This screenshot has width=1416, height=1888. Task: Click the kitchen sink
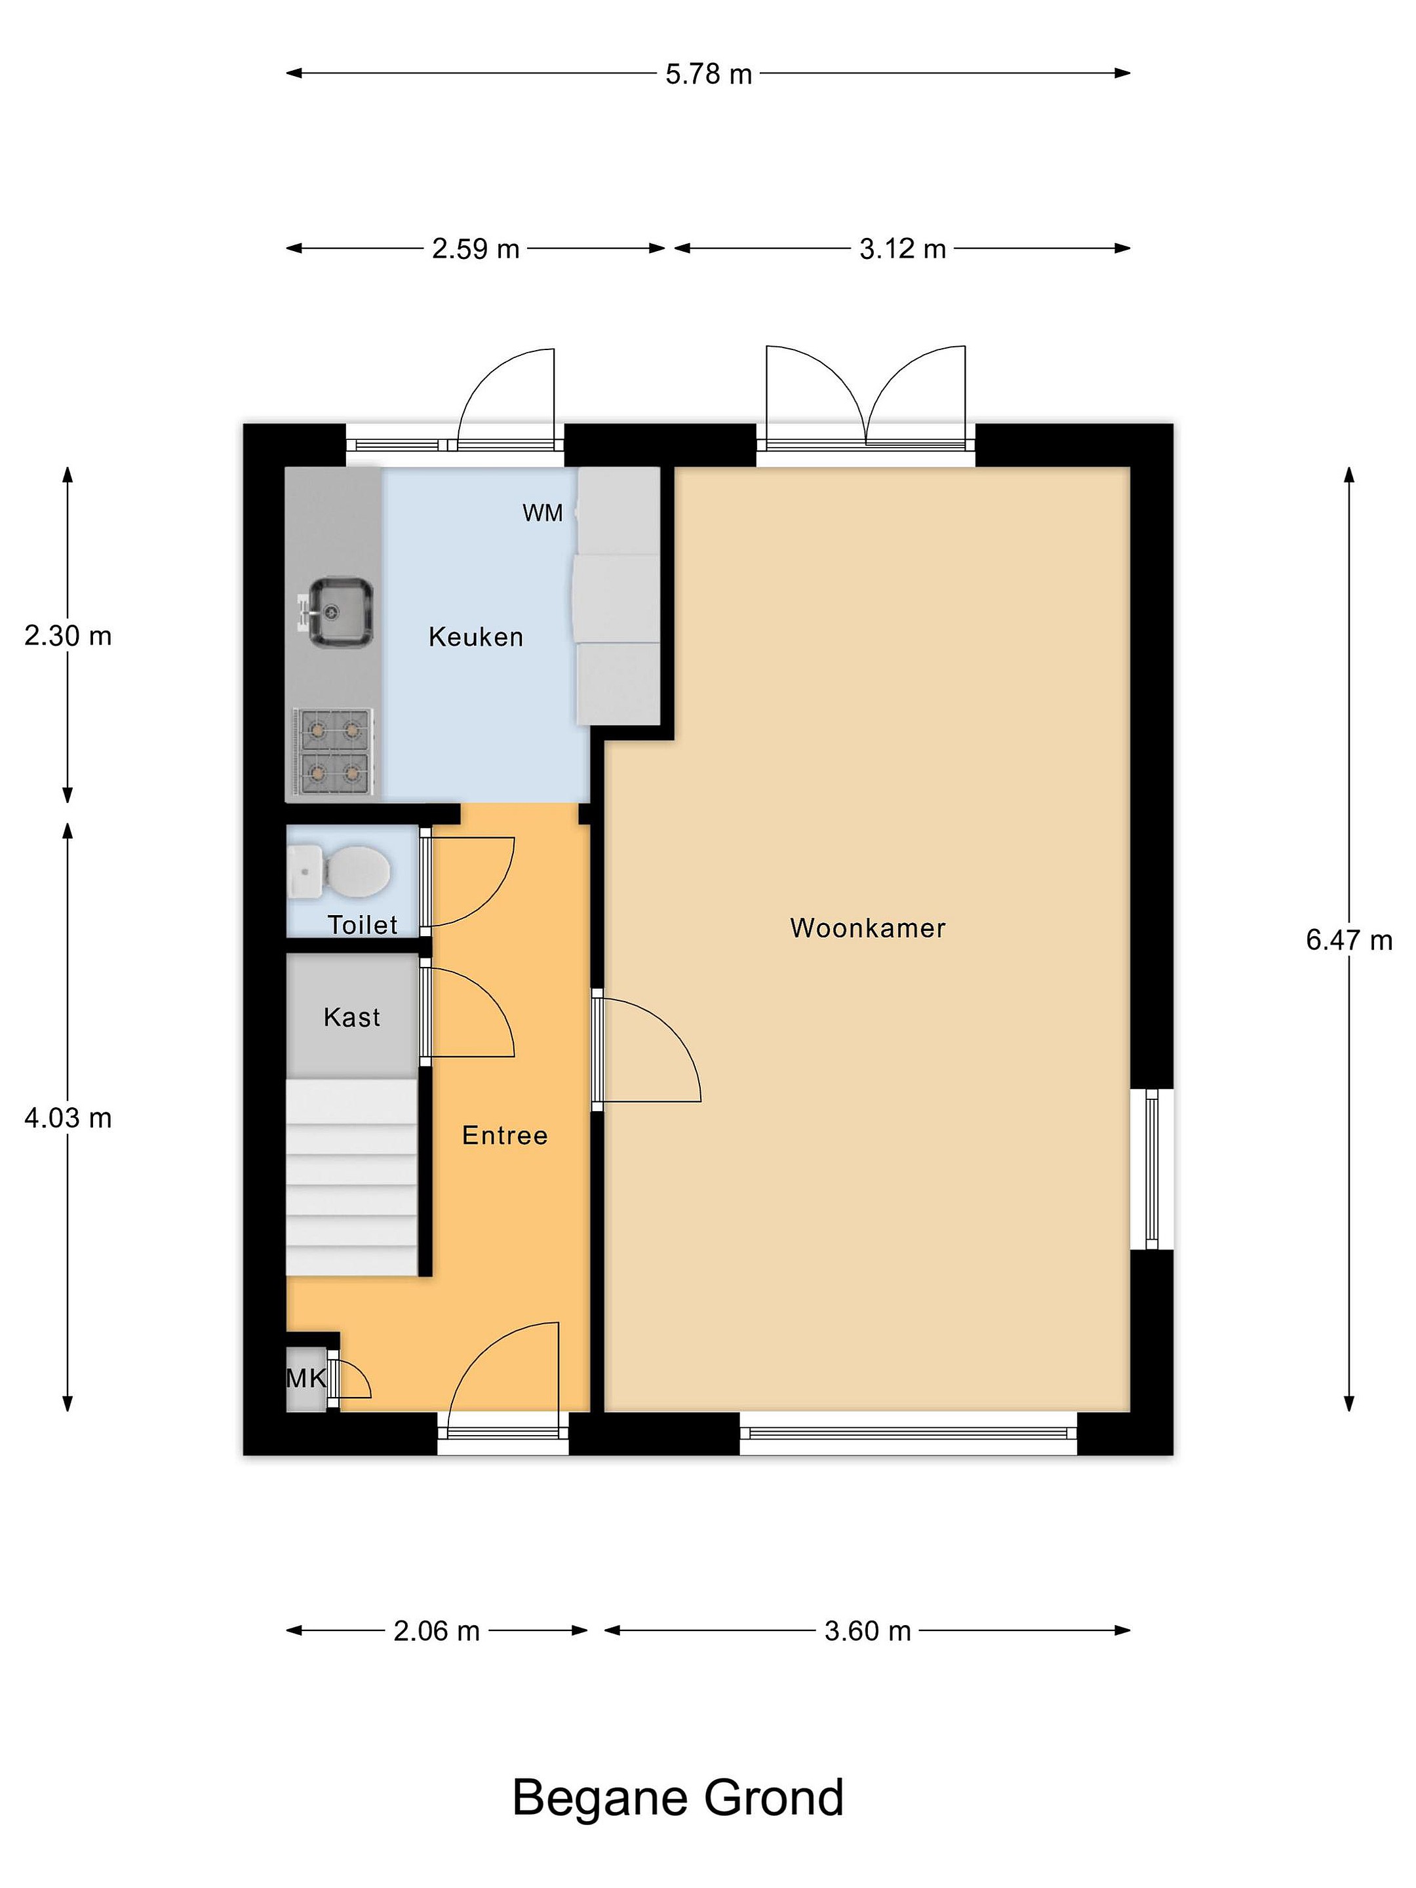(337, 612)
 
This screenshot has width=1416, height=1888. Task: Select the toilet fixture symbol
(339, 871)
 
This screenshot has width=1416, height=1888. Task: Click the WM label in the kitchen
(543, 513)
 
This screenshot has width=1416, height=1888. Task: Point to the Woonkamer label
(868, 928)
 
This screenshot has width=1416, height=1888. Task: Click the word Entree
(504, 1135)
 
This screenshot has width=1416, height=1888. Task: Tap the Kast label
(351, 1017)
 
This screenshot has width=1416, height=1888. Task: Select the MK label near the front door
(305, 1377)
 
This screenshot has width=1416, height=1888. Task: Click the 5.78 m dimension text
(709, 74)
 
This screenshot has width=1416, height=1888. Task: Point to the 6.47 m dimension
(1348, 939)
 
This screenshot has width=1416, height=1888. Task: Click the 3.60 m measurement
(867, 1631)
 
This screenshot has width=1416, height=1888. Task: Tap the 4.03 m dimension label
(68, 1117)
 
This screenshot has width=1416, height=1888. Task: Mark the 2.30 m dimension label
(68, 636)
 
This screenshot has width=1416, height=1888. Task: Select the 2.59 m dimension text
(475, 248)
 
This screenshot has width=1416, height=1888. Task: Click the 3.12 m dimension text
(902, 248)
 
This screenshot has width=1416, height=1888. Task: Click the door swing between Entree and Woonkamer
(647, 1050)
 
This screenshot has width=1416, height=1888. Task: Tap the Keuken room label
(475, 637)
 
